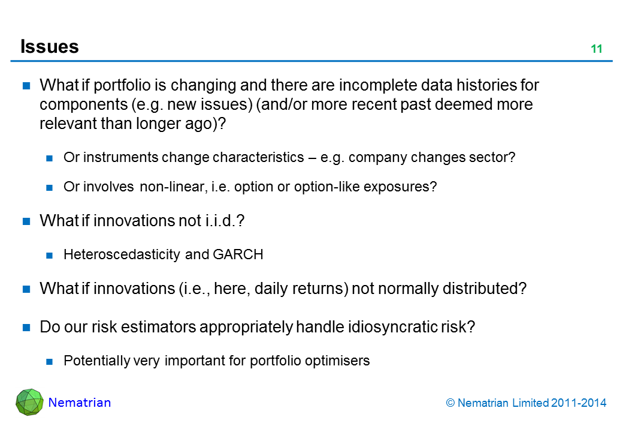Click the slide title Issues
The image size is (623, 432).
click(x=50, y=47)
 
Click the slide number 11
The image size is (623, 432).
click(x=597, y=49)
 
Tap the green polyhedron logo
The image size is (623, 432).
click(x=29, y=402)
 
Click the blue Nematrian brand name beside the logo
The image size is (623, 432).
click(x=80, y=403)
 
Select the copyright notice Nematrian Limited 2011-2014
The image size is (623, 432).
click(x=526, y=403)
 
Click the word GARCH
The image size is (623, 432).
click(x=238, y=254)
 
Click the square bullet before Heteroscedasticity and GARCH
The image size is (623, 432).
click(x=49, y=256)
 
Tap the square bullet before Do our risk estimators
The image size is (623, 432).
click(x=26, y=328)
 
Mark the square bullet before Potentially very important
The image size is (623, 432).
click(x=49, y=362)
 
